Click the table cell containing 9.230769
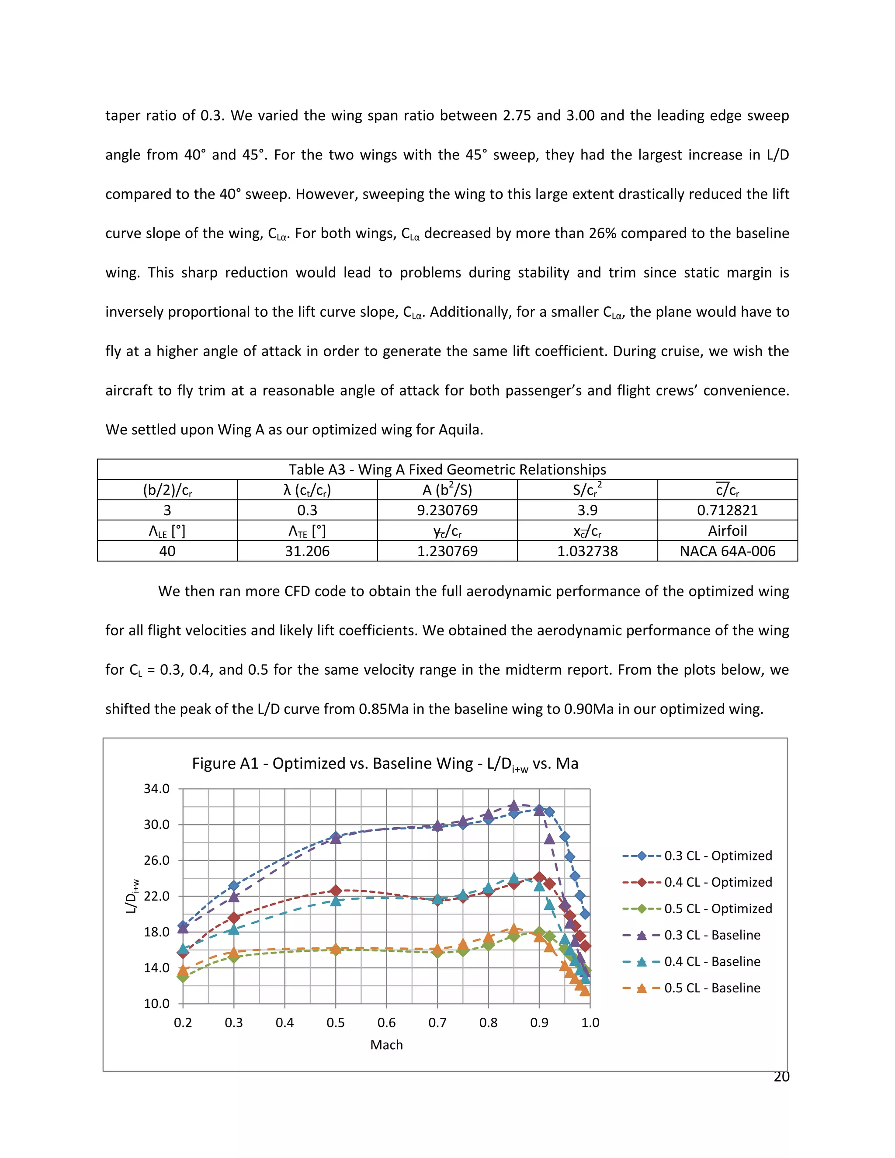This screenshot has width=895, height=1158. click(x=447, y=510)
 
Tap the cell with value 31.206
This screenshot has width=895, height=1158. click(x=307, y=551)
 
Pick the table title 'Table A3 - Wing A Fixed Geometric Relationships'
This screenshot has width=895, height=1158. click(x=447, y=469)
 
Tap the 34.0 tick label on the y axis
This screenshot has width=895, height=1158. click(x=156, y=789)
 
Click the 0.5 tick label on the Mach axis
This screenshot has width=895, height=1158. click(x=335, y=1022)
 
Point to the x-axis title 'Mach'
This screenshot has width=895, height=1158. click(x=386, y=1045)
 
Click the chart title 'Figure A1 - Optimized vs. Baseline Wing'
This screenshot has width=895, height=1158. click(x=385, y=763)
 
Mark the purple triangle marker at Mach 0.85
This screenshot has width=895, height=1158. click(x=513, y=805)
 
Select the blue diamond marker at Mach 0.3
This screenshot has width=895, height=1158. click(x=234, y=885)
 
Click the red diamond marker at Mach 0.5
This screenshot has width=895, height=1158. click(x=336, y=890)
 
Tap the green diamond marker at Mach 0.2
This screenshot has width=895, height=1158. click(x=183, y=977)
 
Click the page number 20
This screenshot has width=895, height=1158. click(x=781, y=1076)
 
